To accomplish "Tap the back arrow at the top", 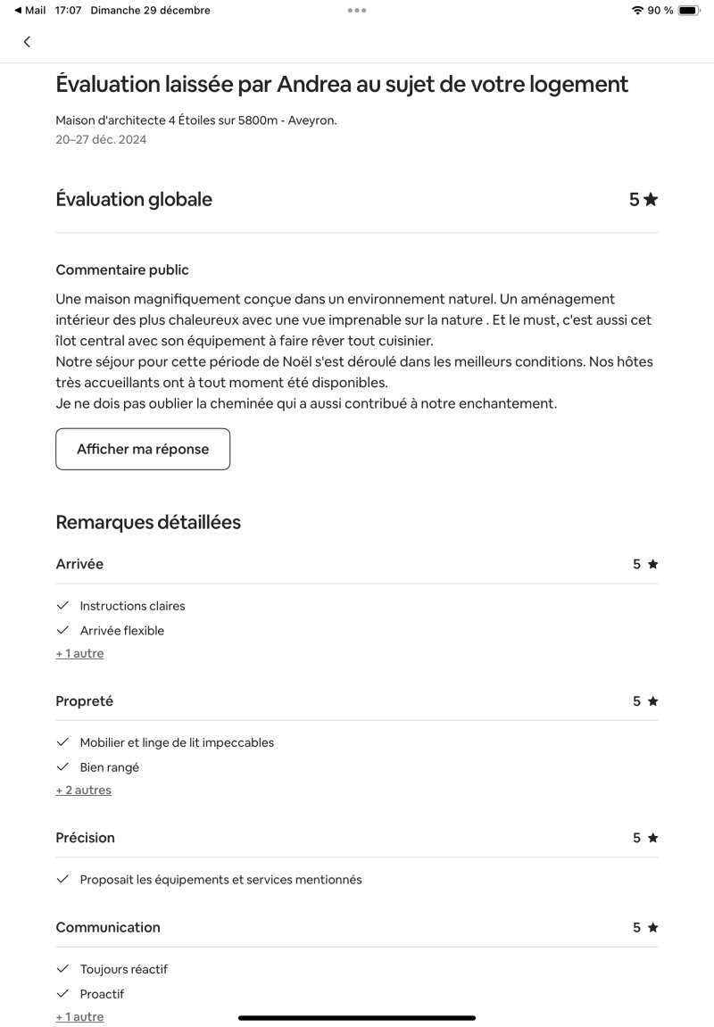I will (x=27, y=42).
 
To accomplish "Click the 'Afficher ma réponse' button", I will (x=143, y=449).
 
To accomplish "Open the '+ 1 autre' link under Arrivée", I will (x=79, y=653).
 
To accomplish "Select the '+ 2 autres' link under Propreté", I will (x=83, y=790).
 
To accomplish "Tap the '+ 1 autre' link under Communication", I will (x=79, y=1016).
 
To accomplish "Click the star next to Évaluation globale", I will (x=651, y=200).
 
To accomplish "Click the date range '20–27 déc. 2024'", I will (x=101, y=139).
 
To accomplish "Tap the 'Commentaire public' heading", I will (x=122, y=269).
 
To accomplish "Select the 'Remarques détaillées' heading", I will (x=148, y=522).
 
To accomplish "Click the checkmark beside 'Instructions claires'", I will (x=62, y=606).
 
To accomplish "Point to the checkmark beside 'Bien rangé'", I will (x=62, y=767).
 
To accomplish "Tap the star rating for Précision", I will (x=652, y=838).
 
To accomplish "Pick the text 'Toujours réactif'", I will (x=123, y=969).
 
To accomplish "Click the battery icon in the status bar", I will (x=689, y=11).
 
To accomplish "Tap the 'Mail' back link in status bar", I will (x=30, y=11).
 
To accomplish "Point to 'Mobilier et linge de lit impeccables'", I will (x=177, y=742).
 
